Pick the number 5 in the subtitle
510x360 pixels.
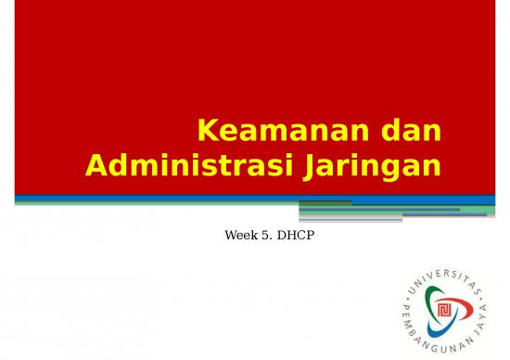267,236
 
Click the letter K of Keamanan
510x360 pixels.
210,133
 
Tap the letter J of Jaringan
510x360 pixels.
311,168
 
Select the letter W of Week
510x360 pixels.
230,236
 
